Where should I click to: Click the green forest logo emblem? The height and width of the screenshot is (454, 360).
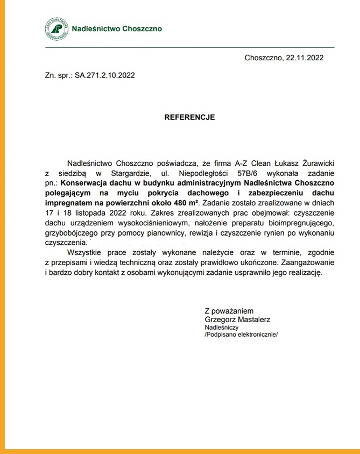[x=56, y=29]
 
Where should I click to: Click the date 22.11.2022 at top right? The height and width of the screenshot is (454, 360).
[x=305, y=58]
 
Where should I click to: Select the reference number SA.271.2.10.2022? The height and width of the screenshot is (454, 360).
[x=104, y=76]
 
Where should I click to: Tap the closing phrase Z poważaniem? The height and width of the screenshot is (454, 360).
[x=229, y=311]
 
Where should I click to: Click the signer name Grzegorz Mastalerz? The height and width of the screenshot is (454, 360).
[x=237, y=320]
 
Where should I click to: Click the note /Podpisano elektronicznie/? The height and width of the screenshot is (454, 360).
[x=242, y=334]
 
